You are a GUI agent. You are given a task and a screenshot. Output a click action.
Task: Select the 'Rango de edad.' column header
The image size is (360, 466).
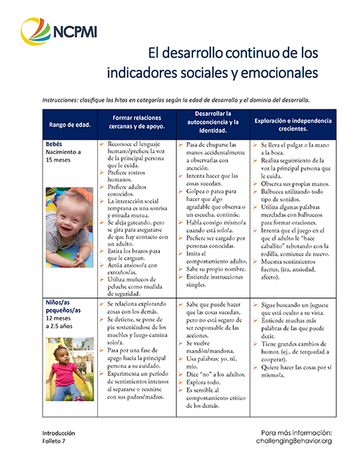(69, 125)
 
